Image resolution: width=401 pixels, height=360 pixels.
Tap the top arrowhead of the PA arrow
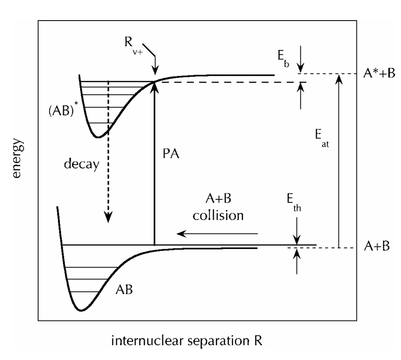[x=155, y=85]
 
